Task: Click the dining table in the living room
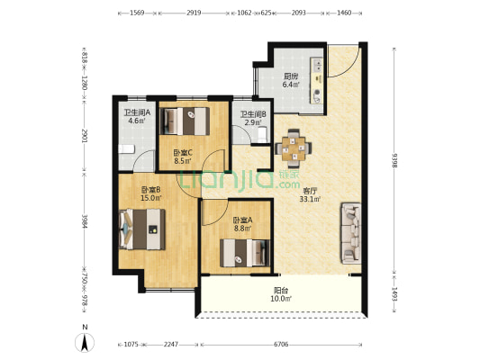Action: click(294, 148)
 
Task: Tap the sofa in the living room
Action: click(351, 233)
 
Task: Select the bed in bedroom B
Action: click(142, 229)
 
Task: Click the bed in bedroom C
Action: click(186, 121)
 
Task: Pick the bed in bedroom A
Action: click(245, 253)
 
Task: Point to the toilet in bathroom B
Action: click(263, 135)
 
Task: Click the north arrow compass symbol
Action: click(85, 342)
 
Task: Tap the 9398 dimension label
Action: click(394, 160)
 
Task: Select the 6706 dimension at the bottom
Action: click(281, 345)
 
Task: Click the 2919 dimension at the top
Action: click(194, 13)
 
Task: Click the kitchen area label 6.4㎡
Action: click(291, 85)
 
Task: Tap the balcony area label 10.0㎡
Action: click(280, 299)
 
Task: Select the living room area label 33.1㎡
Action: click(310, 200)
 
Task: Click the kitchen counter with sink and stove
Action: click(317, 80)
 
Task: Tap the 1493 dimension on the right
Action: click(394, 294)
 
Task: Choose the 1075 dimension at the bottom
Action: click(131, 345)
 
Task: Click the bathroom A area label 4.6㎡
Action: click(137, 121)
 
